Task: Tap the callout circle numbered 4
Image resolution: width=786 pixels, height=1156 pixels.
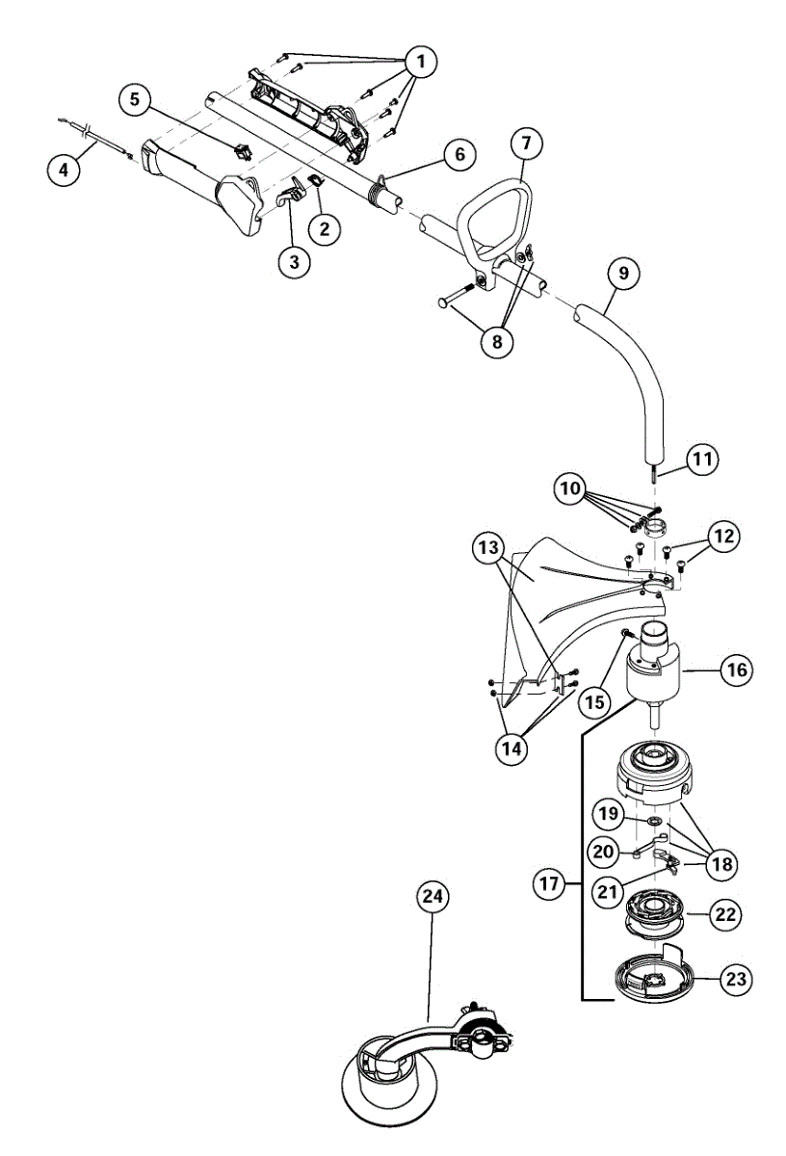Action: coord(64,171)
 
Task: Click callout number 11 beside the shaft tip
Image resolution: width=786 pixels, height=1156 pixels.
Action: coord(702,460)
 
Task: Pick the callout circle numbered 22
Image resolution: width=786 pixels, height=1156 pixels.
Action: coord(725,913)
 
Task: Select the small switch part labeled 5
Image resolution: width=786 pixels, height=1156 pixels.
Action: coord(240,149)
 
